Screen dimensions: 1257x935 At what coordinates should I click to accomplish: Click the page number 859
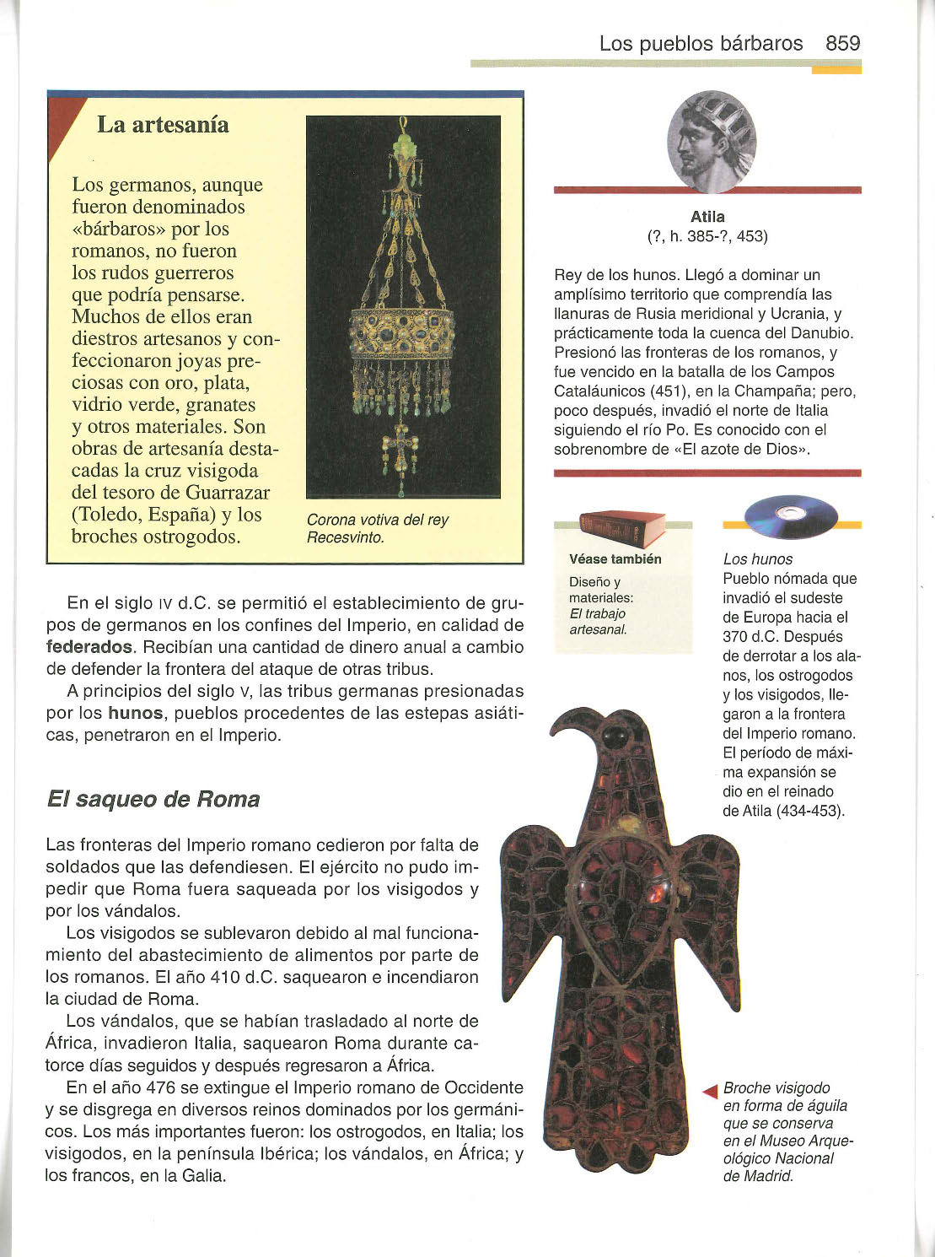(842, 44)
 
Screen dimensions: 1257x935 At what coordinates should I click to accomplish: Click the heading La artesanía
(163, 125)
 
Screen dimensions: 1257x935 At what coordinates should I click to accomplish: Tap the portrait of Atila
(711, 143)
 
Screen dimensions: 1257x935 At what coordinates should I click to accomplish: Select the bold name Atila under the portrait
(707, 217)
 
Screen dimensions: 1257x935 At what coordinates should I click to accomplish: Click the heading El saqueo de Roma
(153, 799)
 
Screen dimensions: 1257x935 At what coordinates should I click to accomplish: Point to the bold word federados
(89, 647)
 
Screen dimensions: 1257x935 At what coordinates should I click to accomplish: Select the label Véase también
(615, 559)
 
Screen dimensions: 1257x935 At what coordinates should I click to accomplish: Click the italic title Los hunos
(758, 558)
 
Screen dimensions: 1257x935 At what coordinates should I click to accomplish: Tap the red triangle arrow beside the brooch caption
(710, 1092)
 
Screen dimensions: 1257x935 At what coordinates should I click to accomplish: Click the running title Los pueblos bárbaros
(701, 44)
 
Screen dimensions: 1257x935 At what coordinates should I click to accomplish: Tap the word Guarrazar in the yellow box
(226, 492)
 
